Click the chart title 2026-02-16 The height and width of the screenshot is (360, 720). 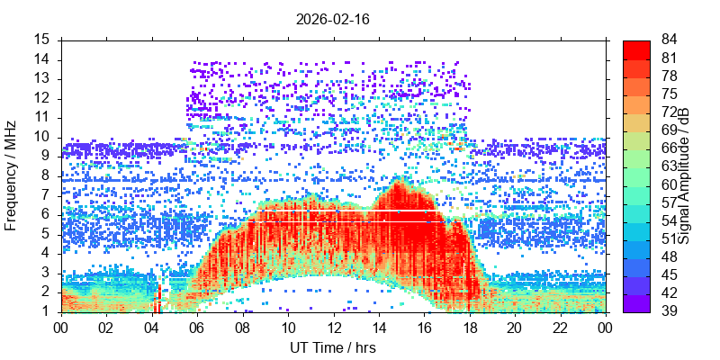pyautogui.click(x=332, y=18)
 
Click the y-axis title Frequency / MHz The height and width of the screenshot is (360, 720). pyautogui.click(x=12, y=176)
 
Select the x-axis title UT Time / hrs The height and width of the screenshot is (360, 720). pyautogui.click(x=332, y=347)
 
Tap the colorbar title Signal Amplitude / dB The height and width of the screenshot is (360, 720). pyautogui.click(x=684, y=176)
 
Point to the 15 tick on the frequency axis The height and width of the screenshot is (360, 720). pyautogui.click(x=42, y=40)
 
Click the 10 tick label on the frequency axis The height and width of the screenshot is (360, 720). pyautogui.click(x=42, y=137)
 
